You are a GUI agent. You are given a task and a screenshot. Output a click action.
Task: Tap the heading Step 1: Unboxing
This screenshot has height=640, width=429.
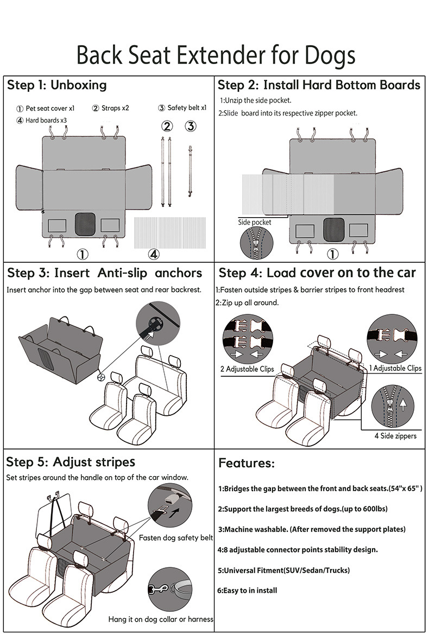pyautogui.click(x=56, y=85)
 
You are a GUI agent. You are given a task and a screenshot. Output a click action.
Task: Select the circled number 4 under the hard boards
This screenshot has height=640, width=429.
pyautogui.click(x=154, y=254)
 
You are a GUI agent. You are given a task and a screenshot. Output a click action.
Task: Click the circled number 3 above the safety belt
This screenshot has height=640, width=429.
pyautogui.click(x=190, y=126)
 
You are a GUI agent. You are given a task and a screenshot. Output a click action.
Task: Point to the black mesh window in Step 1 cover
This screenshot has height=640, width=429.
pyautogui.click(x=84, y=224)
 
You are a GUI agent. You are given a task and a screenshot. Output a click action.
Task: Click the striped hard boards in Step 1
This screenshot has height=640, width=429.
pyautogui.click(x=169, y=232)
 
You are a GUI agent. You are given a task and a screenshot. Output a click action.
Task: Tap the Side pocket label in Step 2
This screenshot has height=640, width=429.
pyautogui.click(x=255, y=222)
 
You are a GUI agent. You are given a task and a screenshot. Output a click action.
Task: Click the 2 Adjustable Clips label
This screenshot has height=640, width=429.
pyautogui.click(x=247, y=369)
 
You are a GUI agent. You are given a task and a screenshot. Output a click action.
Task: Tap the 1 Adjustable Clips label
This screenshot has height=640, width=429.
pyautogui.click(x=395, y=368)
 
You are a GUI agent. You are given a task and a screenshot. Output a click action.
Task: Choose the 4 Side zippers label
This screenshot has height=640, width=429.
pyautogui.click(x=395, y=436)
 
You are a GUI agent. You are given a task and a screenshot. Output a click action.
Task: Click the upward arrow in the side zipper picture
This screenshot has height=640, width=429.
pyautogui.click(x=403, y=403)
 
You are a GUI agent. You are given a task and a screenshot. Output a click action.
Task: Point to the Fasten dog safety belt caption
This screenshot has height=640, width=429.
pyautogui.click(x=176, y=538)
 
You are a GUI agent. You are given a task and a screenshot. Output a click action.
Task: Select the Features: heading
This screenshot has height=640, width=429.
pyautogui.click(x=247, y=464)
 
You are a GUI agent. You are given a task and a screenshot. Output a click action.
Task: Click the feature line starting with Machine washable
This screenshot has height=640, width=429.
pyautogui.click(x=312, y=529)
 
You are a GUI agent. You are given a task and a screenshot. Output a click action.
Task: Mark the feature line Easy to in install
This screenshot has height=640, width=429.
pyautogui.click(x=248, y=590)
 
